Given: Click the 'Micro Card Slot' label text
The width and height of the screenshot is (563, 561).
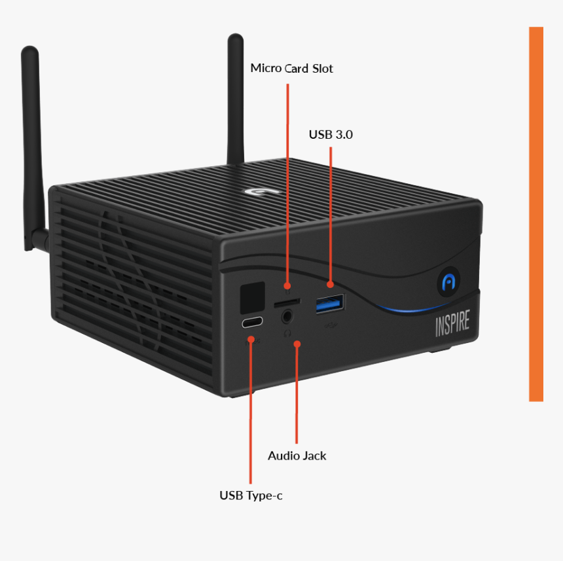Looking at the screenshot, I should tap(291, 68).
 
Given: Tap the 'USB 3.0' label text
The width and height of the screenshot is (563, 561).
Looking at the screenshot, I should tap(331, 134).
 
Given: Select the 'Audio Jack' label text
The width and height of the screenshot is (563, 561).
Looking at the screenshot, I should tap(297, 456).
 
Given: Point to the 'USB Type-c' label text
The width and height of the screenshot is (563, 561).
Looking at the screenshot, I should tap(251, 496).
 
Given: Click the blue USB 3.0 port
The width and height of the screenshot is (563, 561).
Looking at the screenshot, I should tap(331, 303).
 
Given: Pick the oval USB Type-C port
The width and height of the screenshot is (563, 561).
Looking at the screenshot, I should tap(252, 323).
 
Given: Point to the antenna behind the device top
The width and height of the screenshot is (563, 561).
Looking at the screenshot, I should tap(236, 98).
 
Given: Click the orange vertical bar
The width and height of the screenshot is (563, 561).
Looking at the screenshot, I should tap(536, 213).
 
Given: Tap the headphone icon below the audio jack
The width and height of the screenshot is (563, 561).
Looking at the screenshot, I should tap(287, 332).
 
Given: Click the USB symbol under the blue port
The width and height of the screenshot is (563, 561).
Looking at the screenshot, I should tap(331, 323).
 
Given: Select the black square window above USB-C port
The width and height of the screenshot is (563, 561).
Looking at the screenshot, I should tap(253, 297).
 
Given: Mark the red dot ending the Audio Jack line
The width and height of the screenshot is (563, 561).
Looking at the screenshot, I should tap(297, 342).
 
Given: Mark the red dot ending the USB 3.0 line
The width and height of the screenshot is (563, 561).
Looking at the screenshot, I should tap(331, 284).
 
